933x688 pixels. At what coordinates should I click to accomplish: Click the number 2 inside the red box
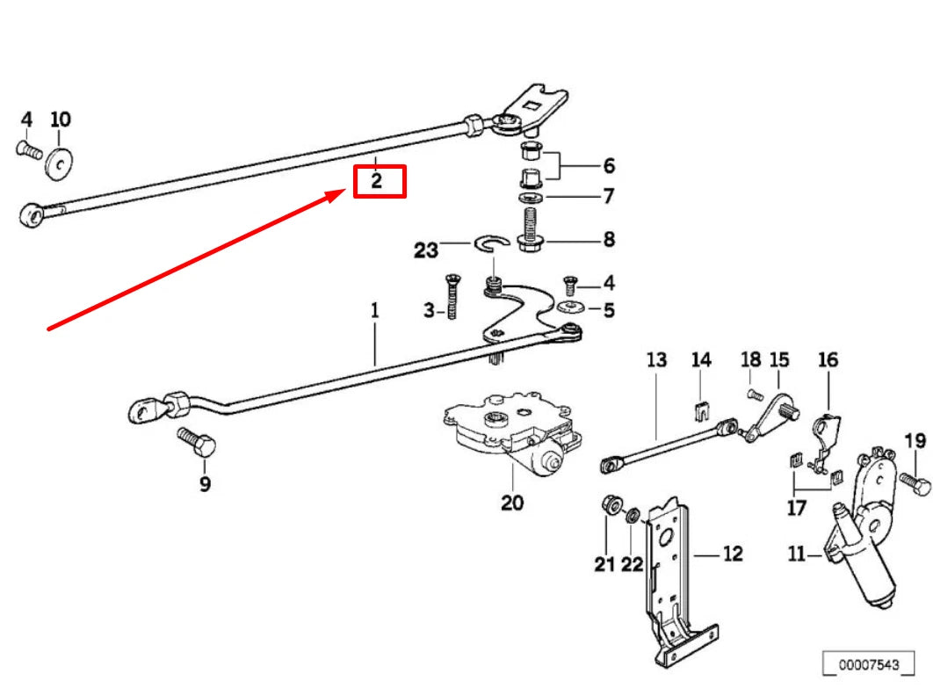pos(377,182)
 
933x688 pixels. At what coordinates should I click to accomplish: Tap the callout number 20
pos(512,503)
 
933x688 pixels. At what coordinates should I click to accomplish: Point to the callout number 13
pos(656,359)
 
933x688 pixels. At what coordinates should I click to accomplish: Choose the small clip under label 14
pos(700,409)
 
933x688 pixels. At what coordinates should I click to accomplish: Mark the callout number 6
pos(608,165)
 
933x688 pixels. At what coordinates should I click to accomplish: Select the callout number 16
pos(828,359)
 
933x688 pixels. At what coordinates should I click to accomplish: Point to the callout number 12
pos(732,554)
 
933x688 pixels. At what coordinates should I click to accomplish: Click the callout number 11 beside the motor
pos(797,554)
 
